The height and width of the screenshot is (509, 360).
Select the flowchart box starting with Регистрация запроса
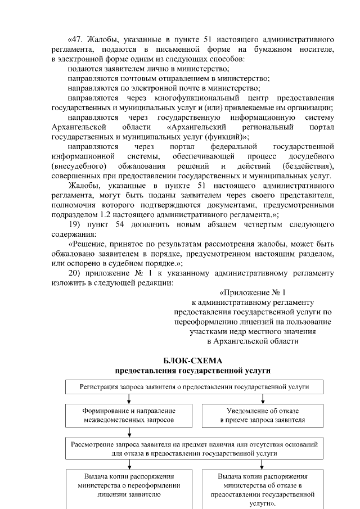click(x=194, y=387)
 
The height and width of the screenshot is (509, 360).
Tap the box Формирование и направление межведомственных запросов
click(x=129, y=415)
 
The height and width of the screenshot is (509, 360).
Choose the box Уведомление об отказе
click(x=263, y=415)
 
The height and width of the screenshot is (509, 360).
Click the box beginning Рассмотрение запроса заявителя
click(x=194, y=448)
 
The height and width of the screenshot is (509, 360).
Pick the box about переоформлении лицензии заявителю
click(x=129, y=485)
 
